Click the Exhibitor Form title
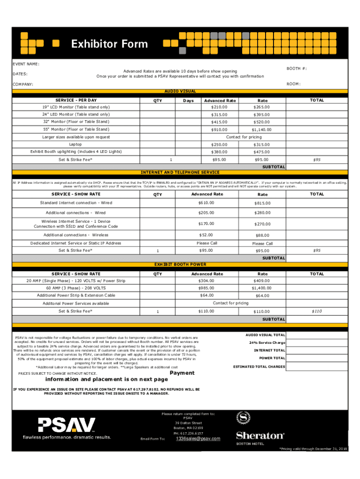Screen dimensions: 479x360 pos(109,44)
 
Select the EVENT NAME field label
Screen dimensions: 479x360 pos(26,64)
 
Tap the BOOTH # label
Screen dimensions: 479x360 pos(297,68)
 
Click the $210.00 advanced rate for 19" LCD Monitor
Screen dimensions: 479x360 pos(219,107)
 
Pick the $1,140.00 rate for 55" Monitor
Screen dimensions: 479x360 pos(261,130)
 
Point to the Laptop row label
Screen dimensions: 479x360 pos(75,145)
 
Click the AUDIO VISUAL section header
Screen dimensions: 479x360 pos(180,91)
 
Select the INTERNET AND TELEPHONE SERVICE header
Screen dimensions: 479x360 pos(180,172)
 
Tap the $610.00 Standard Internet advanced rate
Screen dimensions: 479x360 pos(206,203)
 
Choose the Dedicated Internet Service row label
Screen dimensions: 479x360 pos(76,243)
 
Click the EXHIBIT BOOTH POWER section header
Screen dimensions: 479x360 pos(180,264)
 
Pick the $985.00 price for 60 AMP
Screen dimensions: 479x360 pos(206,288)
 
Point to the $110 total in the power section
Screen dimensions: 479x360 pos(317,311)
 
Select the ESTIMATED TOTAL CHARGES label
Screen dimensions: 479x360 pos(259,367)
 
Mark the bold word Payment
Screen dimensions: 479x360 pos(182,373)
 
